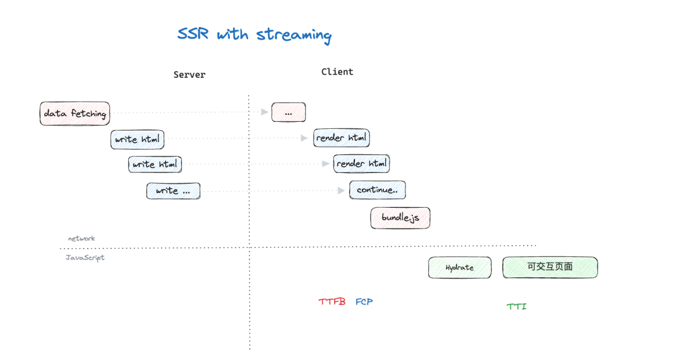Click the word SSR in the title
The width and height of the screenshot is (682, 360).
tap(193, 34)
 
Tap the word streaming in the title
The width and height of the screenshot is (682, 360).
tap(294, 35)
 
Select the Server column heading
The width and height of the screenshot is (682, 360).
tap(189, 75)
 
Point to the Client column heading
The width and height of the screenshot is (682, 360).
tap(337, 72)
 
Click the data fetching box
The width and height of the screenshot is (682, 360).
tap(75, 114)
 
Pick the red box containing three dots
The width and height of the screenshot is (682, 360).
tap(289, 112)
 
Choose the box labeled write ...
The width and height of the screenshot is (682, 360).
tap(173, 191)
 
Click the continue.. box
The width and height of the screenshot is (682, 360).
tap(377, 189)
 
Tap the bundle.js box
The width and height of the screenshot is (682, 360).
tap(400, 217)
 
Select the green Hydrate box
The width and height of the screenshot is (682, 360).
tap(459, 267)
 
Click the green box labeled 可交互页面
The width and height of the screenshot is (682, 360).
tap(549, 267)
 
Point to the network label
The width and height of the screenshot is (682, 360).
tap(81, 239)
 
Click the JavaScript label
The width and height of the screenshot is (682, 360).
tap(85, 258)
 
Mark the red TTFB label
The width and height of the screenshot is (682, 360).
tap(332, 302)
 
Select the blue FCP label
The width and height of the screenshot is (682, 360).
tap(364, 302)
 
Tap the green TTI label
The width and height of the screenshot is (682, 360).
tap(516, 306)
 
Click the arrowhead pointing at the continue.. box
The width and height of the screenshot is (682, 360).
tap(342, 190)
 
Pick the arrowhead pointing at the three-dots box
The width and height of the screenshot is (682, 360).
tap(265, 112)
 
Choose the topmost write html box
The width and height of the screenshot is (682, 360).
tap(137, 139)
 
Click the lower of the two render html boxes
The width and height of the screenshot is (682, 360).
tap(361, 164)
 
